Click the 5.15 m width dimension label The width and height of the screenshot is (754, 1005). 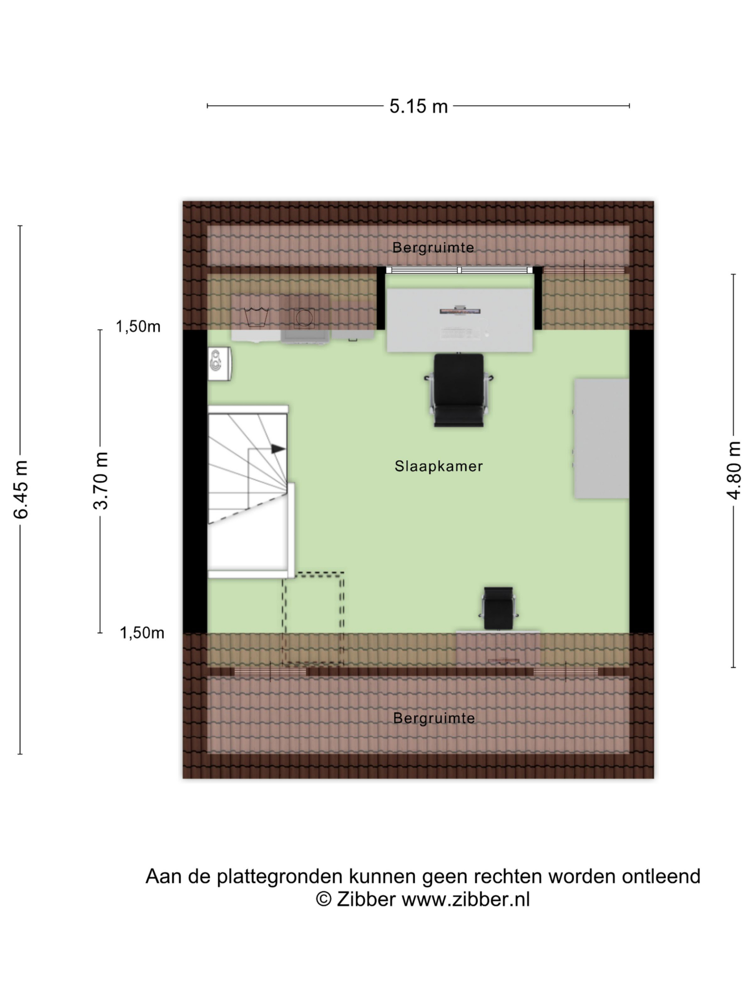pyautogui.click(x=418, y=106)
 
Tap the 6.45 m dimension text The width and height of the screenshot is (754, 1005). pyautogui.click(x=21, y=489)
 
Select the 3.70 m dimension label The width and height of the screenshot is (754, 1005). pyautogui.click(x=101, y=481)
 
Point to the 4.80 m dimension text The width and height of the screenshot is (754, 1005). pyautogui.click(x=734, y=470)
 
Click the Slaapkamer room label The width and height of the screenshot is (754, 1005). pyautogui.click(x=439, y=466)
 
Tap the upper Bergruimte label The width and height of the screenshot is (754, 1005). pyautogui.click(x=433, y=248)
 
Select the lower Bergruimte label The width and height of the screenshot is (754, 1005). pyautogui.click(x=434, y=718)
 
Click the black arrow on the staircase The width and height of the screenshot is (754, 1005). pyautogui.click(x=278, y=449)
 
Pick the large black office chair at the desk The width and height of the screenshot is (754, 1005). pyautogui.click(x=459, y=390)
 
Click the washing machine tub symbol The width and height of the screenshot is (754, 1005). pyautogui.click(x=256, y=317)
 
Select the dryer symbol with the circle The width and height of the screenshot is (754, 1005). pyautogui.click(x=304, y=318)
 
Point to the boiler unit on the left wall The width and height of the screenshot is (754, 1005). pyautogui.click(x=220, y=364)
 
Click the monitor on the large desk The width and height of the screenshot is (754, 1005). pyautogui.click(x=460, y=311)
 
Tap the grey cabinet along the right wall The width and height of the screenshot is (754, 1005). pyautogui.click(x=601, y=439)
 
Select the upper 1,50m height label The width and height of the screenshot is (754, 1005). pyautogui.click(x=138, y=326)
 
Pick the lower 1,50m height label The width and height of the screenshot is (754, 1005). pyautogui.click(x=142, y=632)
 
